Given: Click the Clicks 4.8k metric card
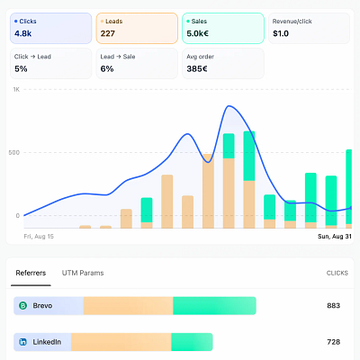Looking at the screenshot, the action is (x=51, y=28).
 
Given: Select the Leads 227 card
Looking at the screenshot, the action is (x=137, y=28).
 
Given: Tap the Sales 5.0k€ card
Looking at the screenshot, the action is (x=223, y=28).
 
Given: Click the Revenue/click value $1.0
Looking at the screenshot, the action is (x=281, y=33).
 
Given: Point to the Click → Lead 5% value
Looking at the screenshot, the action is (x=21, y=69).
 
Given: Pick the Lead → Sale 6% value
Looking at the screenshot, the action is (x=107, y=69).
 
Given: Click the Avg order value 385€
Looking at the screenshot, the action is (x=197, y=69).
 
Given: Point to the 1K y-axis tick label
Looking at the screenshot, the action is (x=16, y=89).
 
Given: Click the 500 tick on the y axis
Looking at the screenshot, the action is (x=14, y=152).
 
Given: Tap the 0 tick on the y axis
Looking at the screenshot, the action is (x=18, y=215).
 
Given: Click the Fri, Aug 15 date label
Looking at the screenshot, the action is (x=39, y=237).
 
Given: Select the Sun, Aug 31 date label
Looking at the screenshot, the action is (x=335, y=237).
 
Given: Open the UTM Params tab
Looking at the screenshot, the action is (x=83, y=273).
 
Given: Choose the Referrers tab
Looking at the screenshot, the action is (x=31, y=273).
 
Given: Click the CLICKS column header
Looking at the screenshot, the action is (x=337, y=273).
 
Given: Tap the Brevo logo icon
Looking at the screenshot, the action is (x=23, y=306).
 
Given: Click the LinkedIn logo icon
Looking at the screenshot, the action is (x=23, y=342).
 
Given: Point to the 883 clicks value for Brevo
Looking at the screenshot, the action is (x=334, y=306).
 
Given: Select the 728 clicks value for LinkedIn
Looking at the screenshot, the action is (x=334, y=342).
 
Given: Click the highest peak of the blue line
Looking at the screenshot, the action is (x=229, y=106).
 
